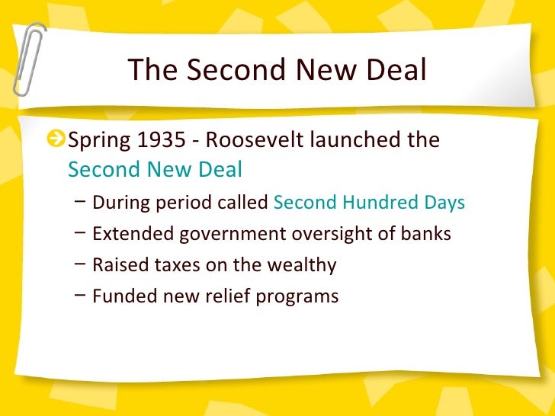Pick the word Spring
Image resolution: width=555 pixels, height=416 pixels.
pyautogui.click(x=98, y=142)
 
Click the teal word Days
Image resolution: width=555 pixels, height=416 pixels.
pyautogui.click(x=444, y=203)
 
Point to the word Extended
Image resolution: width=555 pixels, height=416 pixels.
pyautogui.click(x=133, y=234)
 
